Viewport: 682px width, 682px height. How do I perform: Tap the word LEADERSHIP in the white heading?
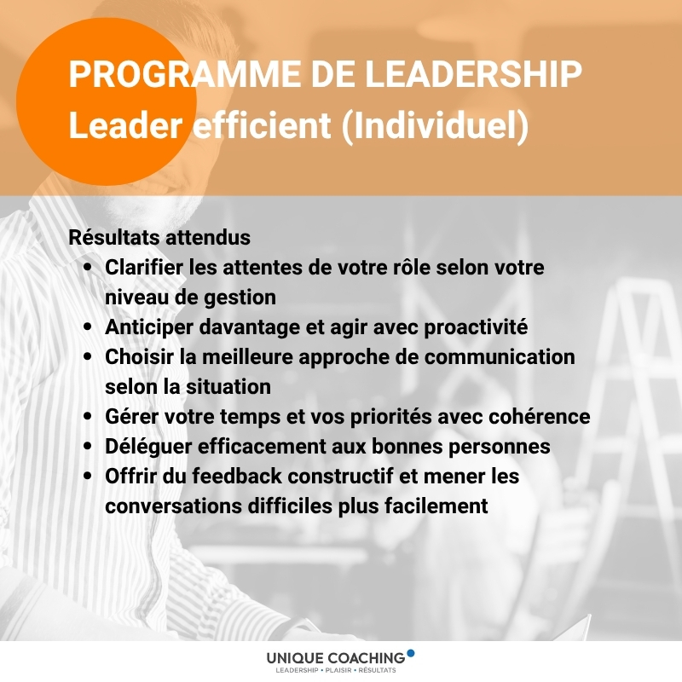click(473, 73)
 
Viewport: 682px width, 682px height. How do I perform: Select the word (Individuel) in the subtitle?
click(435, 125)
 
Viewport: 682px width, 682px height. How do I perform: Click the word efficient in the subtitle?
click(262, 124)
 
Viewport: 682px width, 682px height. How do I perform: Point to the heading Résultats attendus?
click(159, 237)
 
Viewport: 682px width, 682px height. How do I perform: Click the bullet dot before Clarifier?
click(88, 267)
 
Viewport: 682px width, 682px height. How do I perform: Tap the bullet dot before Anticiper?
click(88, 327)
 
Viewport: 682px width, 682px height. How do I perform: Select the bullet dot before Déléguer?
click(88, 446)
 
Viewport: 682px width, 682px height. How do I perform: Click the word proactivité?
click(476, 327)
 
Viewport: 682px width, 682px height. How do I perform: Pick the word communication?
click(500, 356)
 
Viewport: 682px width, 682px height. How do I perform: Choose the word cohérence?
click(540, 416)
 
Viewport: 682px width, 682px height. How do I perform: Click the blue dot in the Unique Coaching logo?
click(410, 653)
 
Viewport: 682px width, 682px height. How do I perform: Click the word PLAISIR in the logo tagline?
click(338, 670)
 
